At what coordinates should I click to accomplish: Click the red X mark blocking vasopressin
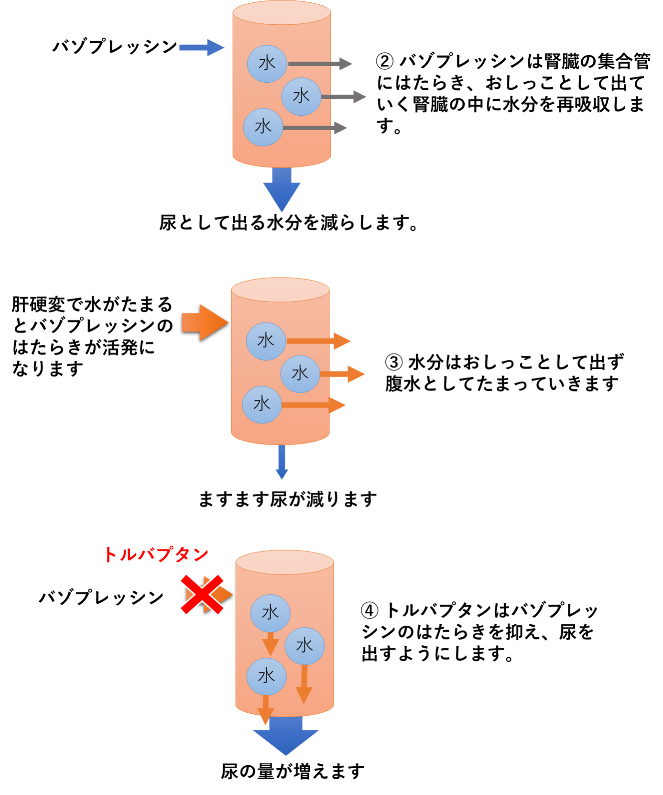click(x=202, y=594)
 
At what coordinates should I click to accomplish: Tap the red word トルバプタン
click(x=156, y=554)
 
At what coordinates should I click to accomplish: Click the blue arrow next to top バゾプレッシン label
click(x=201, y=47)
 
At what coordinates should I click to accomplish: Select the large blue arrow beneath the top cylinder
click(x=282, y=189)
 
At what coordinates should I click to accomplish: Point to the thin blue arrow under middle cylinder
click(x=282, y=462)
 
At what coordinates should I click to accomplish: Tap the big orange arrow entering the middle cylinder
click(x=205, y=323)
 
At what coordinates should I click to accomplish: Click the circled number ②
click(x=385, y=61)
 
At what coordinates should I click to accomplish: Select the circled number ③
click(x=394, y=362)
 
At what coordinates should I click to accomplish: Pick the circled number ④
click(x=370, y=610)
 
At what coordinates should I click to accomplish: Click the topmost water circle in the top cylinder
click(x=267, y=64)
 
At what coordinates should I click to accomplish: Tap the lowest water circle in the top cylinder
click(x=263, y=127)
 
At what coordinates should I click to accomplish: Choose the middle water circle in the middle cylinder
click(x=300, y=374)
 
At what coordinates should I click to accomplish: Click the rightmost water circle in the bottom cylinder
click(x=304, y=646)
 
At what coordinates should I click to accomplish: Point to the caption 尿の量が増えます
click(x=293, y=772)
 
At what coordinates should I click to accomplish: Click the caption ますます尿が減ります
click(x=287, y=499)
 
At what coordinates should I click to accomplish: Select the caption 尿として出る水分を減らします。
click(x=289, y=223)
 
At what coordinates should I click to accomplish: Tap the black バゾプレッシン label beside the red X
click(x=101, y=597)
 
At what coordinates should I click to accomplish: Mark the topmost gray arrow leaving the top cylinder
click(x=320, y=64)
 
